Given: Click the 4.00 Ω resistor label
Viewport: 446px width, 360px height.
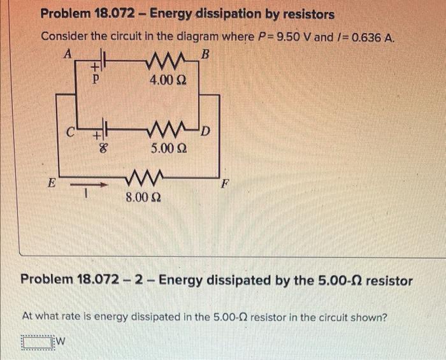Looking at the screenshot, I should [x=167, y=80].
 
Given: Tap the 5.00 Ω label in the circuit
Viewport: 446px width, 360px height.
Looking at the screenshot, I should [x=169, y=149].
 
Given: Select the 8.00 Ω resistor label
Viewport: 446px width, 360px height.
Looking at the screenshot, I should [x=143, y=198].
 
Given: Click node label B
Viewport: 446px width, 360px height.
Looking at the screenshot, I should [x=205, y=54].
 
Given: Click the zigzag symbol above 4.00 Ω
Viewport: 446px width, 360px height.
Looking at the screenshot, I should [x=162, y=63].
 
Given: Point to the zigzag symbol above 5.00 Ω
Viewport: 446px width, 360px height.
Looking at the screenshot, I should [x=166, y=133].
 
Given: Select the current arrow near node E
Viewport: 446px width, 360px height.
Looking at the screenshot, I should [x=81, y=185].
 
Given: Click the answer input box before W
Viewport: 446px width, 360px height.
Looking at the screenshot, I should [x=37, y=343].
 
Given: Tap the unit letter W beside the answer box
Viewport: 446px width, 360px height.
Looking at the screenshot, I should [x=61, y=343].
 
